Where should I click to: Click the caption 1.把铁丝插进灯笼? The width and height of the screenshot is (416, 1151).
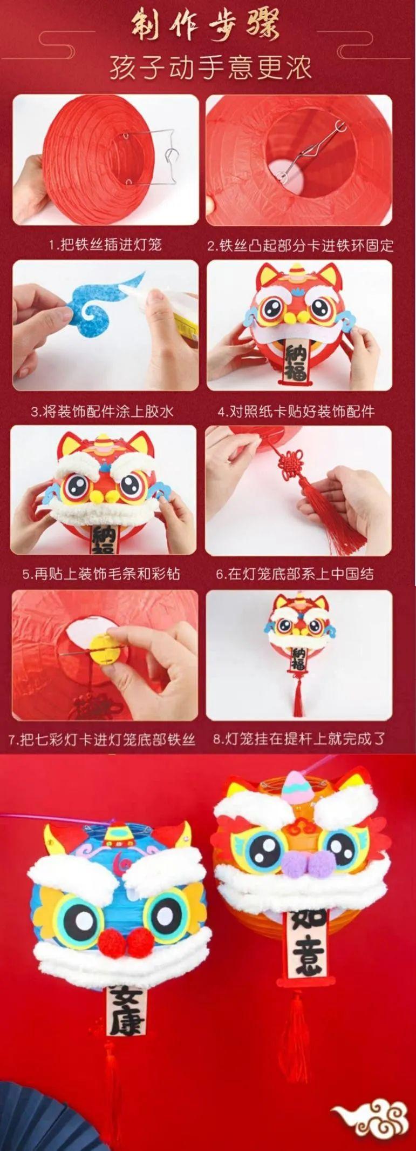click(x=105, y=245)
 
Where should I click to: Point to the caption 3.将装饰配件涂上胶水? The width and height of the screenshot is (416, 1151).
click(x=103, y=412)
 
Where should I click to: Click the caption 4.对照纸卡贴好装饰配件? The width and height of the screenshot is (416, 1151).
click(x=296, y=412)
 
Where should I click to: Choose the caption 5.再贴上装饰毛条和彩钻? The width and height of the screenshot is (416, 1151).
click(x=101, y=574)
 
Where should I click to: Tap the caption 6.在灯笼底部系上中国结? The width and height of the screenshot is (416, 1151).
click(x=295, y=574)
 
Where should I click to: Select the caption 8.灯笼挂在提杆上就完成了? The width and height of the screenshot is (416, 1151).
click(x=299, y=738)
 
